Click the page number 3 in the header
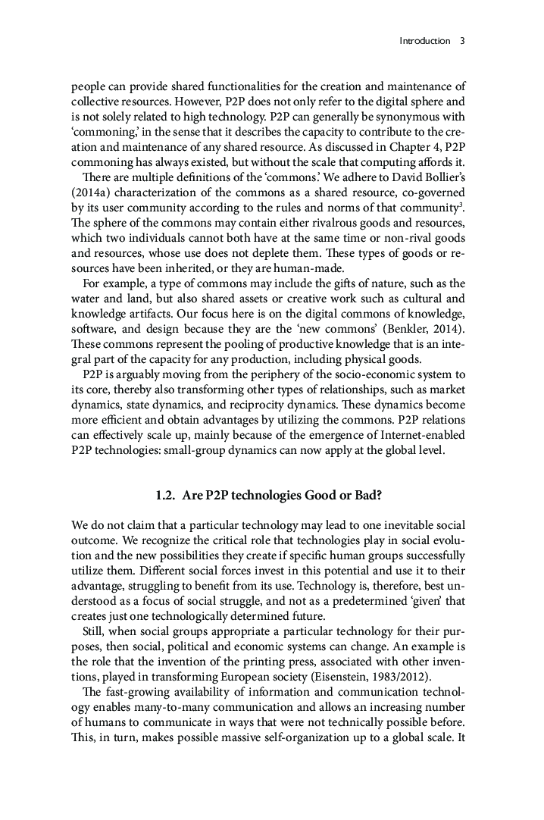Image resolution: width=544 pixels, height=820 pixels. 462,41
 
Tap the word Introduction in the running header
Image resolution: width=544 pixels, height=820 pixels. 424,41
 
